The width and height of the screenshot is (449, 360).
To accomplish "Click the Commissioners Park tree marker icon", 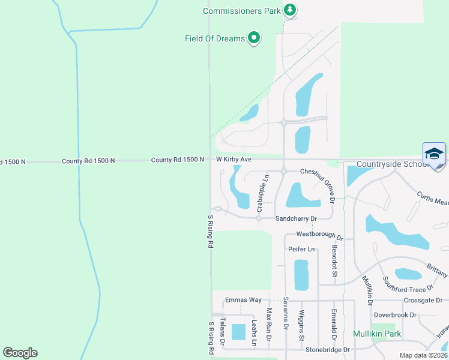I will pos(291,10).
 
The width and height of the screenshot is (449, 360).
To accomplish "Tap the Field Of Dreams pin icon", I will pos(254,38).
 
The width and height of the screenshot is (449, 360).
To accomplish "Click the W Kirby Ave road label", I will pos(234,160).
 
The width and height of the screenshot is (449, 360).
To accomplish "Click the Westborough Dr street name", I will pos(319,236).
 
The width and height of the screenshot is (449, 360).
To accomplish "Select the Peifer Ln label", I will pos(301,249).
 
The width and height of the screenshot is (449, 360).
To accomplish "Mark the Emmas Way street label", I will pos(243,300).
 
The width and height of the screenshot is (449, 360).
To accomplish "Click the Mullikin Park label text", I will pos(378,334).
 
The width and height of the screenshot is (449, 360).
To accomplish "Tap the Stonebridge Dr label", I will pos(327,349).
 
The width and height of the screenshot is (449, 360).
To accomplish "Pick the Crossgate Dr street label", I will pos(423,300).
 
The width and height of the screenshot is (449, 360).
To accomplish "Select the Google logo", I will pos(20,353).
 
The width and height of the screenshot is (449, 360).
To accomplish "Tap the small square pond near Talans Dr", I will pos(238,332).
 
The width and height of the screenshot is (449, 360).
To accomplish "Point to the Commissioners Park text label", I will pos(242,11).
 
